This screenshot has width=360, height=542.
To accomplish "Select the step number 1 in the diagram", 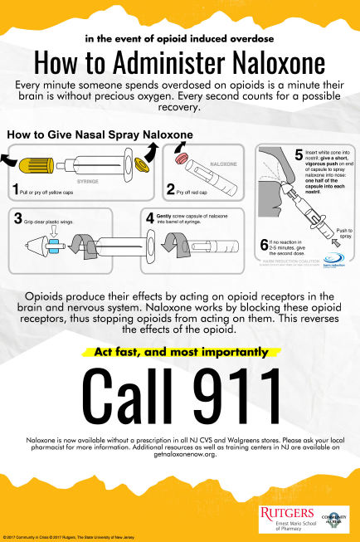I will tap(14, 190).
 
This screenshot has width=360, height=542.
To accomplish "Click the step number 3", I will tap(17, 219).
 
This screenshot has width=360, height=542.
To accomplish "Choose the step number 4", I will tap(150, 217).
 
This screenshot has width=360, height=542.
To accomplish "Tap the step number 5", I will tap(299, 154).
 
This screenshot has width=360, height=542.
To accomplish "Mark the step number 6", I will tap(263, 242).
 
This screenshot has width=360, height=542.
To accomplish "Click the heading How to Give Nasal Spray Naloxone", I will tap(100, 134).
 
